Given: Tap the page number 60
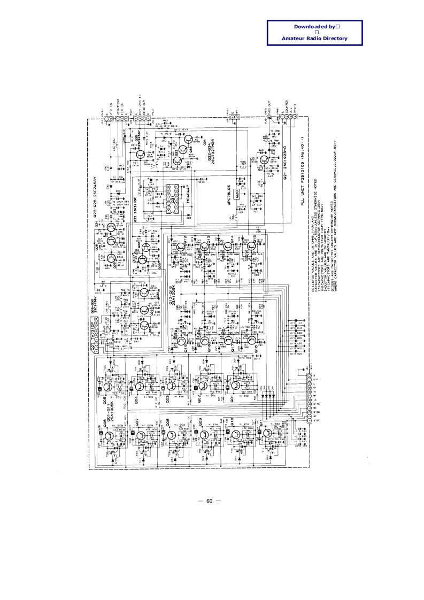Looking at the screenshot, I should point(209,501).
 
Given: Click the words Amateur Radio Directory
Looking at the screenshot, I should point(314,38).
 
